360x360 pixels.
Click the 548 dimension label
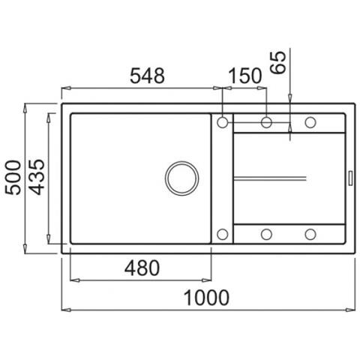(147, 76)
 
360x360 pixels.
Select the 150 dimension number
(245, 76)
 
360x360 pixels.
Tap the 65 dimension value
(278, 62)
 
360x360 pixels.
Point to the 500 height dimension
(13, 178)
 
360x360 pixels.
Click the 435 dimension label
(37, 177)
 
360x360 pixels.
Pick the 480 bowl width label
(142, 268)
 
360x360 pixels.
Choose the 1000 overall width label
(206, 298)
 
